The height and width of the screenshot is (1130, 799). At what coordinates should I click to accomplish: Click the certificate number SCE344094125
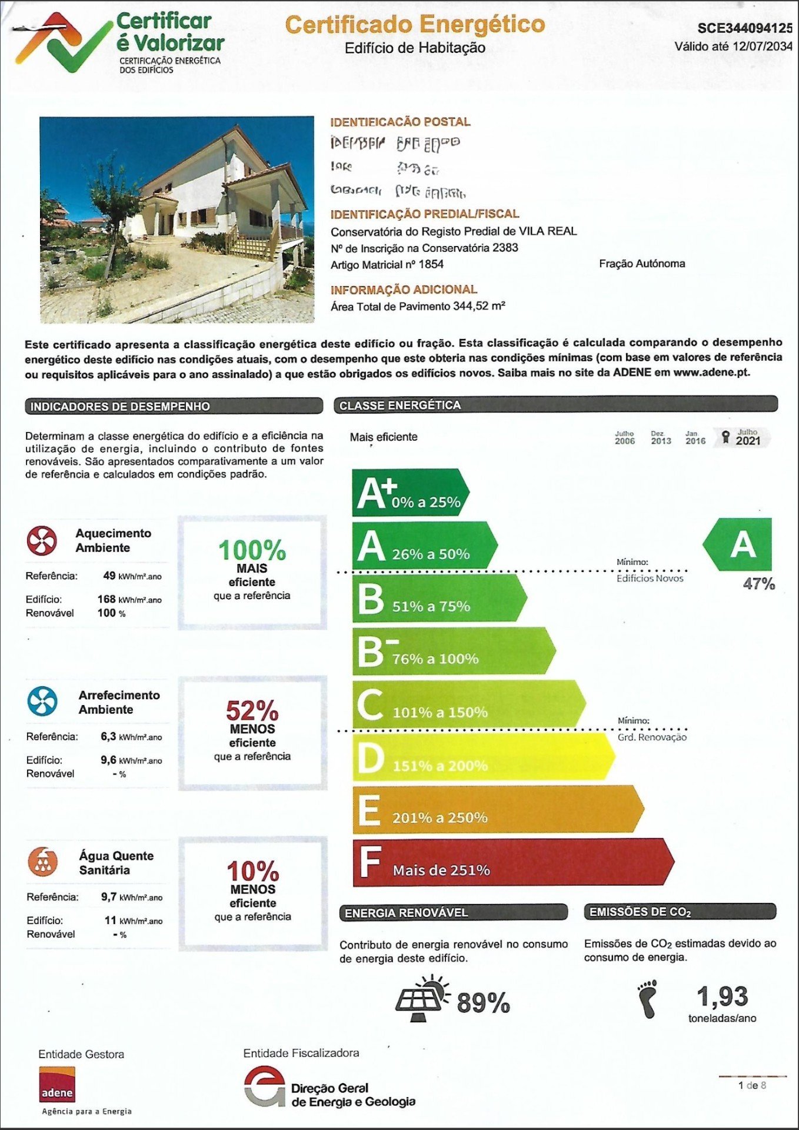click(745, 28)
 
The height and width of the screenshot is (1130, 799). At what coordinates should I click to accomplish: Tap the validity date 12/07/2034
click(762, 46)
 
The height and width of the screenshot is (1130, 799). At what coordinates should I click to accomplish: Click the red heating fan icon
click(42, 540)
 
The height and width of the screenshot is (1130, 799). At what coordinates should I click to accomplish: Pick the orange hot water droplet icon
click(42, 862)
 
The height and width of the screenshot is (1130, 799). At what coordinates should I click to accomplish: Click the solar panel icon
click(421, 999)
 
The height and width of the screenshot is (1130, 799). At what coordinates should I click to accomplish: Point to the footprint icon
click(648, 999)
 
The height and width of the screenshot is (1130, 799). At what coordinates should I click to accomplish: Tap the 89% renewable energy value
click(483, 1003)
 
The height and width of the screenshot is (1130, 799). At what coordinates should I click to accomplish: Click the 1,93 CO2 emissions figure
click(722, 996)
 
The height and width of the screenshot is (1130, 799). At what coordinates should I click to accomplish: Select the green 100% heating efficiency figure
click(252, 551)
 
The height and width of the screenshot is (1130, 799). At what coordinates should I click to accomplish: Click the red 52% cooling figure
click(252, 711)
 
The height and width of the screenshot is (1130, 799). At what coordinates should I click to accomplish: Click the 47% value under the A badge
click(758, 584)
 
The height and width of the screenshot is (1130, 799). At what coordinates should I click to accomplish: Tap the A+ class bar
click(410, 493)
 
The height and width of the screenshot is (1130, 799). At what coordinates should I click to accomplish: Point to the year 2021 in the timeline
click(748, 440)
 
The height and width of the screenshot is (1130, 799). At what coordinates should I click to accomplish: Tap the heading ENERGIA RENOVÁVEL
click(407, 913)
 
